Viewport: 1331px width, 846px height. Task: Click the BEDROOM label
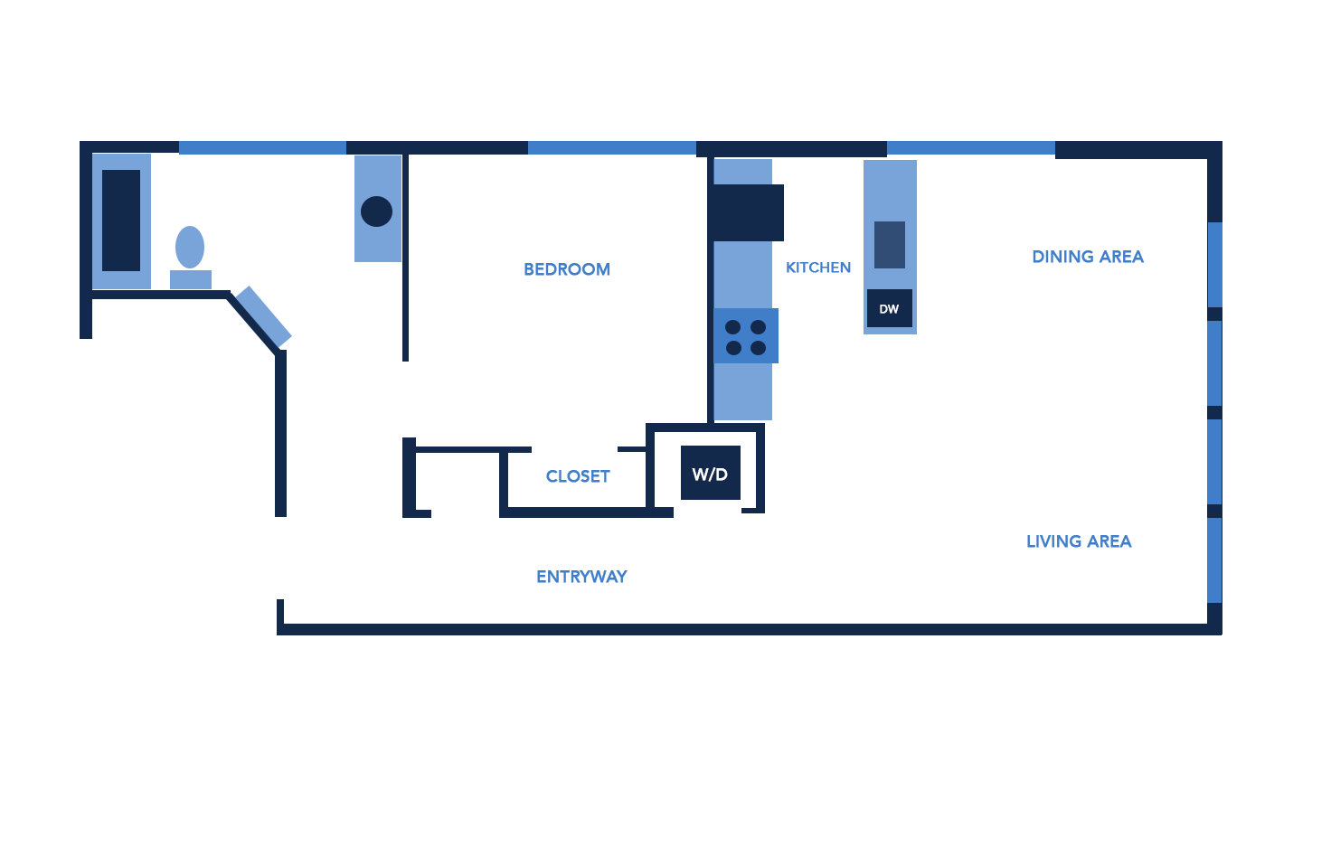tap(567, 269)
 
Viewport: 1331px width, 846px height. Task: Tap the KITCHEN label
tap(818, 268)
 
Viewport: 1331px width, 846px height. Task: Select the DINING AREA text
tap(1088, 257)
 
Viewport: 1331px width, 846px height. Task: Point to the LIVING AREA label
tap(1079, 541)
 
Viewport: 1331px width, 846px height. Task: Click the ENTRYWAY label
tap(581, 577)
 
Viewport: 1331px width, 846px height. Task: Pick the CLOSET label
tap(578, 476)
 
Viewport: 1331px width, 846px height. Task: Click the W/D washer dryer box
tap(711, 473)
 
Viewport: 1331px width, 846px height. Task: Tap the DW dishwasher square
tap(889, 308)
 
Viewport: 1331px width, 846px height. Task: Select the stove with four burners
tap(746, 337)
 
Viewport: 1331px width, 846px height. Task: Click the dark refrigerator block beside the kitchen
tap(747, 212)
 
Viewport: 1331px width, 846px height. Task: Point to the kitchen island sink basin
tap(890, 244)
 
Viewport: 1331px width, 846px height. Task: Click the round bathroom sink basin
tap(376, 211)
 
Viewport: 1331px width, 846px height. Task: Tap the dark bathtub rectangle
tap(121, 221)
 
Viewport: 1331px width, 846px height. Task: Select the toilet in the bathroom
tap(190, 258)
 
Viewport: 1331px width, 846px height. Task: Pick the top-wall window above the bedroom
tap(611, 148)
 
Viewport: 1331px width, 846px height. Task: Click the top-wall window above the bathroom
tap(262, 148)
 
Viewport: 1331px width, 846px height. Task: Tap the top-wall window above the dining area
tap(970, 148)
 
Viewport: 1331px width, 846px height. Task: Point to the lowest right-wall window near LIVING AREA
tap(1214, 560)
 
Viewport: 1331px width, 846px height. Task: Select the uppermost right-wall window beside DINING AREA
tap(1214, 265)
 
